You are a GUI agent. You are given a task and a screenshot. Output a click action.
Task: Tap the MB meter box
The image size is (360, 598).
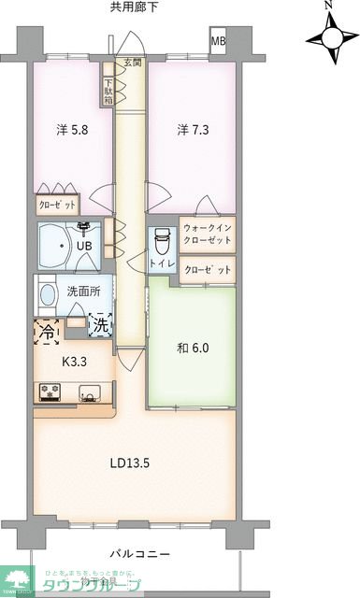pyautogui.click(x=218, y=41)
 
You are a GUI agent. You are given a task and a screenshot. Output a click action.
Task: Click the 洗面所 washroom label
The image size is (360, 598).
pyautogui.click(x=81, y=291)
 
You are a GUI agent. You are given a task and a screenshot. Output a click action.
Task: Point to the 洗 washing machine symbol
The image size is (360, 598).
pyautogui.click(x=100, y=326)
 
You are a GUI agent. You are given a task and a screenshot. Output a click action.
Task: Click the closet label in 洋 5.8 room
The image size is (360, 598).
pyautogui.click(x=57, y=204)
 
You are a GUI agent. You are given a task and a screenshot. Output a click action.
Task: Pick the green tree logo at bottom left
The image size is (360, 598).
pyautogui.click(x=16, y=577)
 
